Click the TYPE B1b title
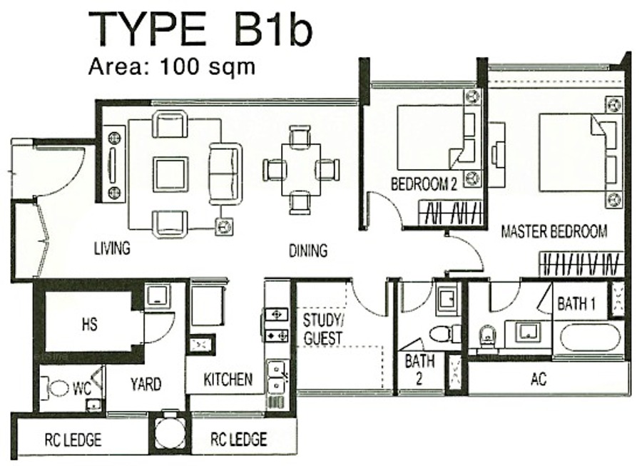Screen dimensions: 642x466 (x=200, y=29)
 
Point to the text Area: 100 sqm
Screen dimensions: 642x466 (x=172, y=66)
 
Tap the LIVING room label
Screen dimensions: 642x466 (x=112, y=248)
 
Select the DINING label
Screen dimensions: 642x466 (x=308, y=250)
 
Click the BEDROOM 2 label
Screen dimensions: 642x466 (x=424, y=184)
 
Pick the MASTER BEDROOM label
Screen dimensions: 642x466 (x=554, y=231)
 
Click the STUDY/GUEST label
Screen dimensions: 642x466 (x=322, y=329)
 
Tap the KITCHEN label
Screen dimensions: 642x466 (x=228, y=380)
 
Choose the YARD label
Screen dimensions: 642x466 (x=146, y=384)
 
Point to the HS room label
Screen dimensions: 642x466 (x=90, y=324)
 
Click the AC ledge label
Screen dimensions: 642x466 (x=539, y=379)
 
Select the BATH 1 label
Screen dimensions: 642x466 (x=576, y=304)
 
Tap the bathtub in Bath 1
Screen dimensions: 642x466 (x=591, y=339)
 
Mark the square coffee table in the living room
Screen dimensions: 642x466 (x=170, y=174)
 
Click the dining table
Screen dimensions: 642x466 (x=301, y=170)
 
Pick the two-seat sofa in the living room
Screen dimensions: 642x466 (x=225, y=173)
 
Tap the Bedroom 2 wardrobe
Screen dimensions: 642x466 (x=449, y=213)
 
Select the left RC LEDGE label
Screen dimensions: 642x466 (x=73, y=440)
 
